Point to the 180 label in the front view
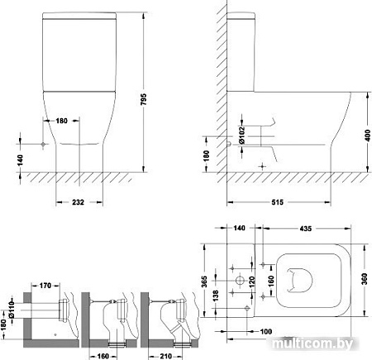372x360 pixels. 61,121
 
